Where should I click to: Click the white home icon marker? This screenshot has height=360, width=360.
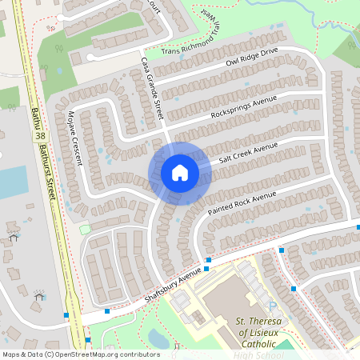click(180, 173)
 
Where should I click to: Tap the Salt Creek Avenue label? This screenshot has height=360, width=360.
click(248, 154)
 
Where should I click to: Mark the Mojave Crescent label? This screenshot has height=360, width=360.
click(76, 138)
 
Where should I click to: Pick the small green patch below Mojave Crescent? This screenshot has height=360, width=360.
click(85, 229)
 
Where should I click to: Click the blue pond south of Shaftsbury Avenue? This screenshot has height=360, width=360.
click(158, 338)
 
